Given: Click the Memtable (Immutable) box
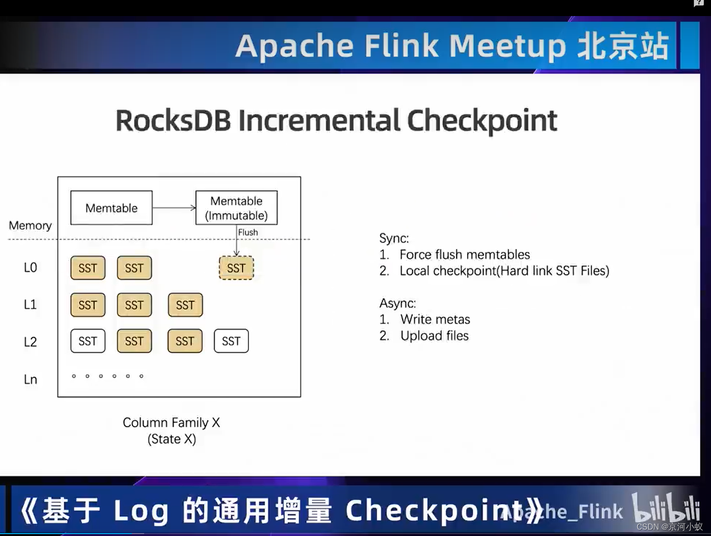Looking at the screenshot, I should pos(236,207).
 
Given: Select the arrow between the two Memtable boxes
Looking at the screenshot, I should pos(174,207).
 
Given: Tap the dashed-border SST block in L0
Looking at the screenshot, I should pos(236,268).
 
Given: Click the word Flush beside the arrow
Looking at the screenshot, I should pos(248,232).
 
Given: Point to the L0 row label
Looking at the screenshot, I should pos(30,268).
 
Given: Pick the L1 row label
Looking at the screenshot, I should pos(30,305).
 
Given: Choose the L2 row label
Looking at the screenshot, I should pos(30,342).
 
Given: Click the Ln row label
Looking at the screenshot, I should pos(30,379).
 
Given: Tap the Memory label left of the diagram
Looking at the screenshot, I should pos(30,225).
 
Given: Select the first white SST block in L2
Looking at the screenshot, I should pos(88,341).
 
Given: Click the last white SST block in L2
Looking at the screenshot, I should pos(231,341).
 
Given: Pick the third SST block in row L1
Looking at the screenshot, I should pos(185,305).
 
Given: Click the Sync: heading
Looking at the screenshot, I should pos(394,238).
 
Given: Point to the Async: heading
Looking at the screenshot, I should pos(397,303).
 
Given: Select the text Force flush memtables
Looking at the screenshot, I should pos(464,255).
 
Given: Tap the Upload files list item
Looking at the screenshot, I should pos(434,336).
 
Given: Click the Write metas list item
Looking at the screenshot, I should pos(435,319).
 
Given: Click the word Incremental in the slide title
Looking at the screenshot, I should pos(319,121).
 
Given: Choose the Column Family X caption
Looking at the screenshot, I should pos(171,422).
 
